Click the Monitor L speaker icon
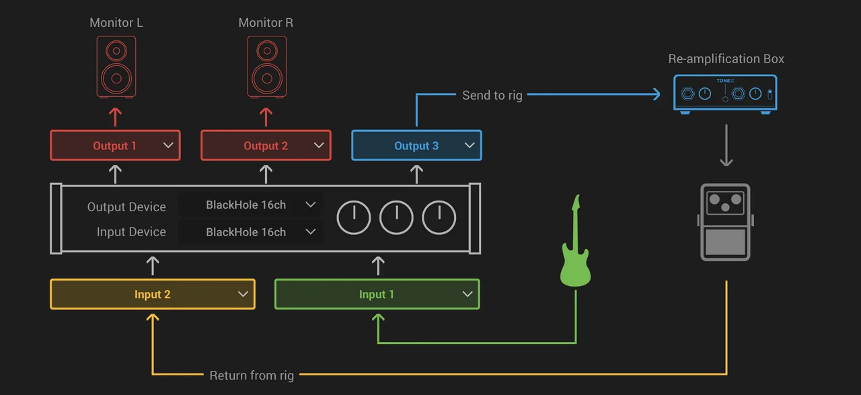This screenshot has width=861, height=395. click(116, 67)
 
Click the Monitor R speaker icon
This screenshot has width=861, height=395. click(266, 67)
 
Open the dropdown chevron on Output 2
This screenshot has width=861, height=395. click(319, 145)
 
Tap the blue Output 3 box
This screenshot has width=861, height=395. click(416, 145)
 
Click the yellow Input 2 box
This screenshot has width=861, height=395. click(152, 294)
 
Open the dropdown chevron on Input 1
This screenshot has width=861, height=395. click(467, 294)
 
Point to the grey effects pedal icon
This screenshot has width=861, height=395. click(725, 222)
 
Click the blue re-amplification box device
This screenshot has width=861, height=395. click(725, 93)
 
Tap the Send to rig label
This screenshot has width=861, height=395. click(492, 96)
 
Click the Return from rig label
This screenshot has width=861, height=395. click(252, 375)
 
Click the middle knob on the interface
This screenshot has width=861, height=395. click(396, 217)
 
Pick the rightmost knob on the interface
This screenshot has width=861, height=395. click(439, 217)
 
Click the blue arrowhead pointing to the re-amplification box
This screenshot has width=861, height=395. click(655, 95)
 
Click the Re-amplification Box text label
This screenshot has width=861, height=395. click(726, 59)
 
